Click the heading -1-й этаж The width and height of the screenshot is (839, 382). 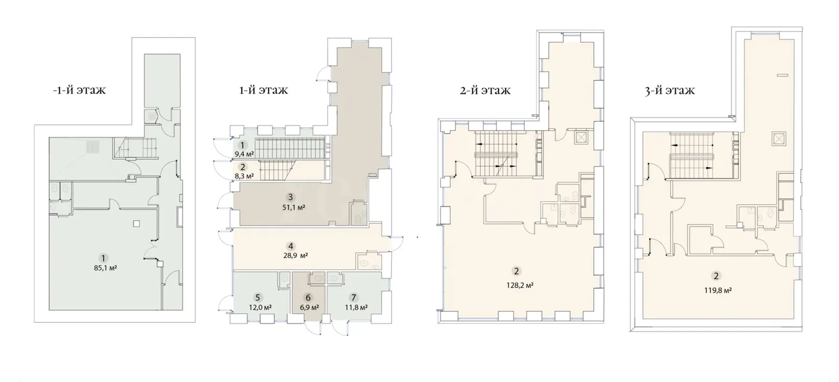point(79,90)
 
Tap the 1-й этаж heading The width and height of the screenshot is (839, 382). point(263,90)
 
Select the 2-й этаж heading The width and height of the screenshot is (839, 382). point(485,90)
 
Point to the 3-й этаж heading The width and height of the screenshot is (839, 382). point(670,91)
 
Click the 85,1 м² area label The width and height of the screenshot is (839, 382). point(105,268)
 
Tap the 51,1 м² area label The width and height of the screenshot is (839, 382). point(294,207)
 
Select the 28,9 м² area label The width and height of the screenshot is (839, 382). point(296,256)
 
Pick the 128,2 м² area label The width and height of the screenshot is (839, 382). point(520,285)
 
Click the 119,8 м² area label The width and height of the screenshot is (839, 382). point(718,290)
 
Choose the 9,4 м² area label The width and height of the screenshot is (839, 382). point(244,154)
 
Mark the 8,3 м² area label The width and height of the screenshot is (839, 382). point(244,175)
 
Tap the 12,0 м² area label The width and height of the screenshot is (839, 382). point(260,307)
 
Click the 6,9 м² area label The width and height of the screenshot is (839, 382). point(309,307)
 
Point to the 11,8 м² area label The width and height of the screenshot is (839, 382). point(356,307)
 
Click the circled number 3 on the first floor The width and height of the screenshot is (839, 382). point(291,197)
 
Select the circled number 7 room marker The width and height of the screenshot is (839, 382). point(353,298)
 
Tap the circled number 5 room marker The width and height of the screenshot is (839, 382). point(257,298)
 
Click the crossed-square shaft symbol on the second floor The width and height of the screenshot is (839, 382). point(580,138)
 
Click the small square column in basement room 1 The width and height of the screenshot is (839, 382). point(137,224)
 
